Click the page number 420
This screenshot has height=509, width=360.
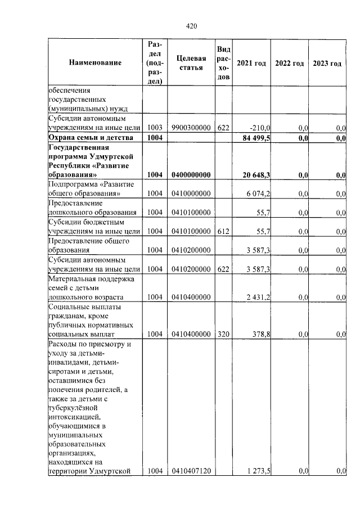(191, 26)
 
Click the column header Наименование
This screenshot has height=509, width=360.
(96, 63)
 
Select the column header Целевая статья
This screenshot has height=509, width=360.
(191, 63)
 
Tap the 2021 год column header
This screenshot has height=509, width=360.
(251, 63)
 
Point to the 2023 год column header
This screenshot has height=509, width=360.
(327, 63)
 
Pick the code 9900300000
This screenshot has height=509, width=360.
(191, 128)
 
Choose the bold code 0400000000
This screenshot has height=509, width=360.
(191, 175)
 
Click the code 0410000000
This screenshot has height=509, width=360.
(191, 194)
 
